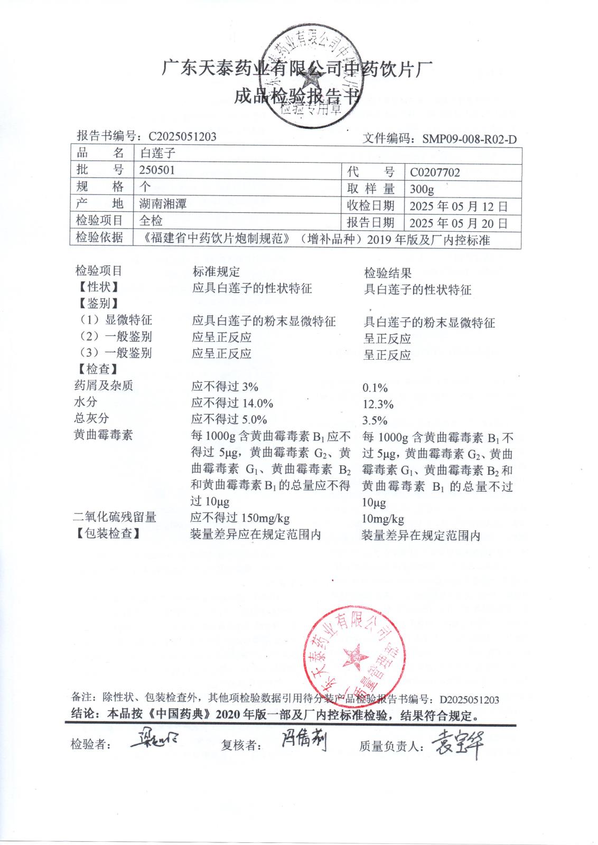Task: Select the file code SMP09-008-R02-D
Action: tap(469, 139)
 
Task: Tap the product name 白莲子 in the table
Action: tap(157, 154)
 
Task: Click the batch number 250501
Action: tap(157, 170)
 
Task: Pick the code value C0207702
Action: tap(435, 172)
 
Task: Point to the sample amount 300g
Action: tap(422, 189)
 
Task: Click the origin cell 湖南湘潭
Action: tap(163, 204)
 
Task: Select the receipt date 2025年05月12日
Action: tap(458, 206)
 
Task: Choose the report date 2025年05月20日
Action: tap(458, 223)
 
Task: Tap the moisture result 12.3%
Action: tap(378, 405)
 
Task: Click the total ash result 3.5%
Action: tap(375, 421)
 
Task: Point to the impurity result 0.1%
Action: tap(375, 388)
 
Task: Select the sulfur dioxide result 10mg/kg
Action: tap(383, 519)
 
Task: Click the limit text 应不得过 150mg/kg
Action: tap(240, 518)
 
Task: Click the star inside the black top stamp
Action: tap(310, 82)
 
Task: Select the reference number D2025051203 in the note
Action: tap(469, 700)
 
